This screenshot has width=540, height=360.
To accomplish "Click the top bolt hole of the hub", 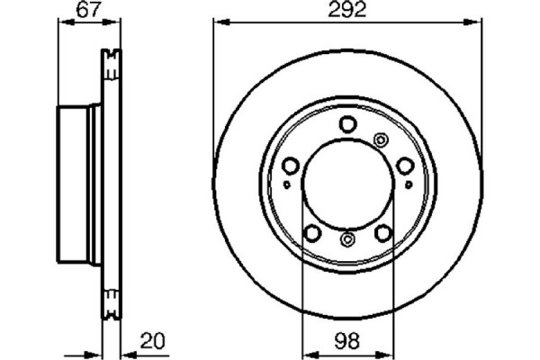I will click(x=348, y=126).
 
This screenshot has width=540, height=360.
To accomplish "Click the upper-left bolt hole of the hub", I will click(x=292, y=165).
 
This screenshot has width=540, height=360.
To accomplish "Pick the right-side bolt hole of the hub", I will click(x=405, y=165).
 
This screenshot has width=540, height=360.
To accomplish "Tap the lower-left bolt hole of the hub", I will click(x=312, y=232).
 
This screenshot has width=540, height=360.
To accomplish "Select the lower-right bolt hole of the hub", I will click(x=383, y=232).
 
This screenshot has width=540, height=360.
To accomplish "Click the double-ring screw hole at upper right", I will click(x=380, y=139).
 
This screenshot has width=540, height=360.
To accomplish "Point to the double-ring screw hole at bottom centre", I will click(x=348, y=239).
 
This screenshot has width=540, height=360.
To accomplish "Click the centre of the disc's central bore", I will click(x=347, y=184).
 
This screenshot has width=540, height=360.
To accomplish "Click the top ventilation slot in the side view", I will click(x=112, y=66).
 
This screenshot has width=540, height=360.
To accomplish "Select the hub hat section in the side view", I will click(x=79, y=184).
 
